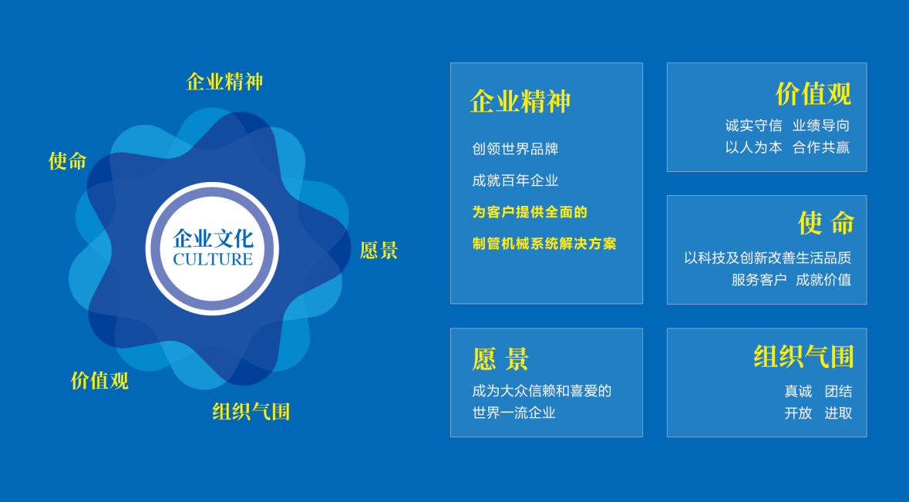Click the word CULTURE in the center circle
coord(213,259)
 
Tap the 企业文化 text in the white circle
coord(213,238)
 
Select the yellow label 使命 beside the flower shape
coord(67,160)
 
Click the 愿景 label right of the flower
coord(379,250)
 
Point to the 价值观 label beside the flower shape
coord(99,380)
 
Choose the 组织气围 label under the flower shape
coord(251,412)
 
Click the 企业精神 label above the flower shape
coord(224,81)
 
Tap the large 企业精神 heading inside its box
coord(520,102)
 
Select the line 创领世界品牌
coord(515,149)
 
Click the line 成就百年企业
coord(515,180)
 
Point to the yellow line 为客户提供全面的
coord(530,212)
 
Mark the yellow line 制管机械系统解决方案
coord(544,244)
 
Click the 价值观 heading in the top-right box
coord(813,94)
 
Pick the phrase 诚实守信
coord(753,125)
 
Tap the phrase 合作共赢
coord(821,147)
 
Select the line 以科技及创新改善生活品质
coord(768,258)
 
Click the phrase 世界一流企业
coord(514,413)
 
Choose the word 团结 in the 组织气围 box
coord(838,391)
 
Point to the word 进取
coord(838,413)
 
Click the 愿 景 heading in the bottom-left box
coord(500,359)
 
